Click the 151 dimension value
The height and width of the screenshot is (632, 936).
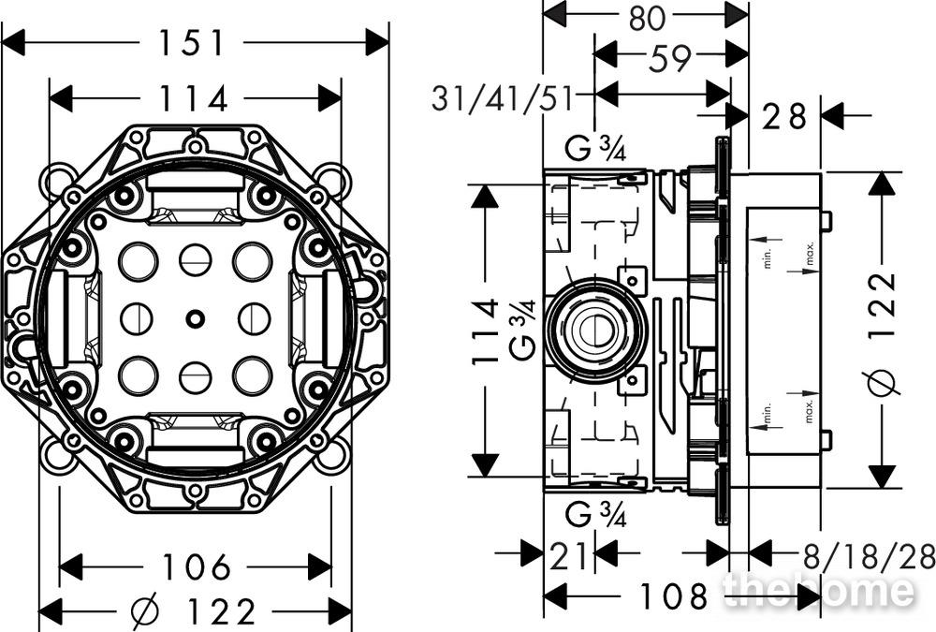pos(192,43)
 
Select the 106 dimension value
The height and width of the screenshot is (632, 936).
pos(197,566)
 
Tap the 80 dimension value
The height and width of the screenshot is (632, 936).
pos(647,18)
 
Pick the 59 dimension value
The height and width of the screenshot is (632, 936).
pos(670,57)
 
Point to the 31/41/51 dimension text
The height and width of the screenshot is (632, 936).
pos(503,98)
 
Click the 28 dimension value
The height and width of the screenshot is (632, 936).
pos(784,116)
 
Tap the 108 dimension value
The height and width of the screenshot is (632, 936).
pos(674,595)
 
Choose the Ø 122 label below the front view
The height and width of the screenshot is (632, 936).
pos(194,611)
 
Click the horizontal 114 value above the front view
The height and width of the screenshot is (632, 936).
pos(194,99)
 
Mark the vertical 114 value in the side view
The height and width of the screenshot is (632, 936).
pos(485,331)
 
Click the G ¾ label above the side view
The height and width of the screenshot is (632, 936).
pos(595,149)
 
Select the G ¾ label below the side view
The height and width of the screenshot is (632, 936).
pos(595,515)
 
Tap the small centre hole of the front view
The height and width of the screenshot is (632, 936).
pos(196,318)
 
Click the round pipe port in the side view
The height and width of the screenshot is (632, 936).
pos(595,330)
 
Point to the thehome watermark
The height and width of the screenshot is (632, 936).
pos(818,590)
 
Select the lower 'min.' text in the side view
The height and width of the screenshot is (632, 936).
pos(768,412)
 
